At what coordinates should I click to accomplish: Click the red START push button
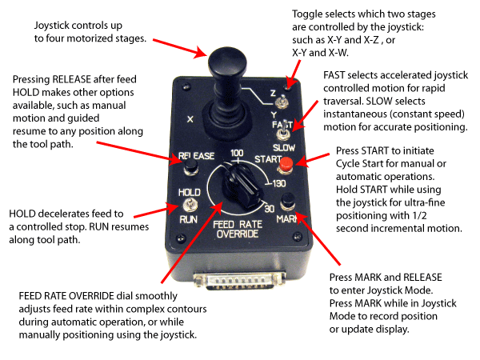(285, 166)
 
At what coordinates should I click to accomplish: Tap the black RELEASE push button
(192, 167)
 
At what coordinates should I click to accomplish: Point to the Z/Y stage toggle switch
(282, 102)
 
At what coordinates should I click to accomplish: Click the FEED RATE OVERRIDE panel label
(237, 230)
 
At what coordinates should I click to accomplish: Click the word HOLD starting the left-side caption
(24, 214)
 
